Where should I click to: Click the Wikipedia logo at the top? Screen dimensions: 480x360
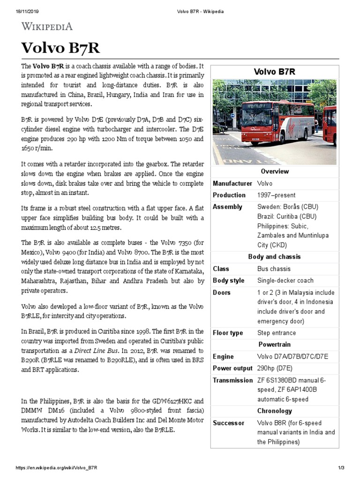tap(47, 27)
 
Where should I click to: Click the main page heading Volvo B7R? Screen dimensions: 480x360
tap(60, 48)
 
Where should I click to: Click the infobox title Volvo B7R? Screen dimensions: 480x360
tap(275, 72)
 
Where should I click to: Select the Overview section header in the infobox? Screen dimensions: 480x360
tap(275, 172)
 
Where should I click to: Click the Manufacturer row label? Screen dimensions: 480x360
tap(232, 183)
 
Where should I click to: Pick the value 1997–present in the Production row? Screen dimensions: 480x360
tap(276, 195)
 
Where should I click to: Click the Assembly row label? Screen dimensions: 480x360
tap(227, 207)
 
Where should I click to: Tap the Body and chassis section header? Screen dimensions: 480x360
tap(275, 257)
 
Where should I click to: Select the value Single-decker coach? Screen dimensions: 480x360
tap(285, 280)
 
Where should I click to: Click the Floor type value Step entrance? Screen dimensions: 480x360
tap(277, 333)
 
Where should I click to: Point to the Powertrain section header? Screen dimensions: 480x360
tap(275, 345)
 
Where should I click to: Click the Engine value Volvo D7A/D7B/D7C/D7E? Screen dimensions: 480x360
tap(292, 357)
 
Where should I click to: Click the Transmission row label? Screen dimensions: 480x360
tap(232, 380)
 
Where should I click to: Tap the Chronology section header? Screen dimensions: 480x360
tap(275, 411)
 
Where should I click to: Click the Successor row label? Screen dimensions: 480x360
tap(229, 423)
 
